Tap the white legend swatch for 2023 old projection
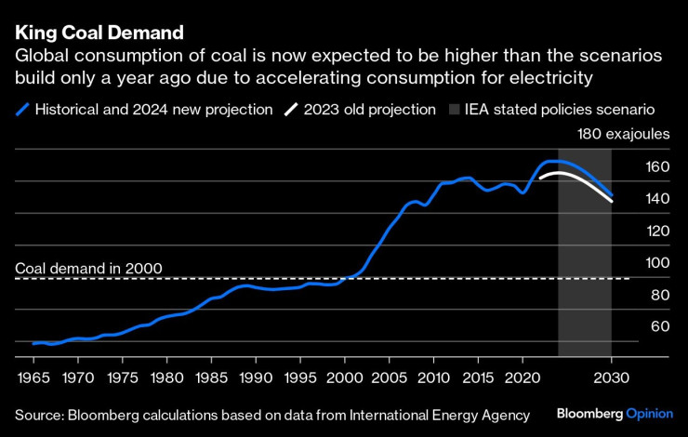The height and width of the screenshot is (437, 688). click(292, 110)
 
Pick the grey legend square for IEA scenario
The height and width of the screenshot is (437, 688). click(456, 110)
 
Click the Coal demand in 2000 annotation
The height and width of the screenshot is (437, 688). click(89, 269)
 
